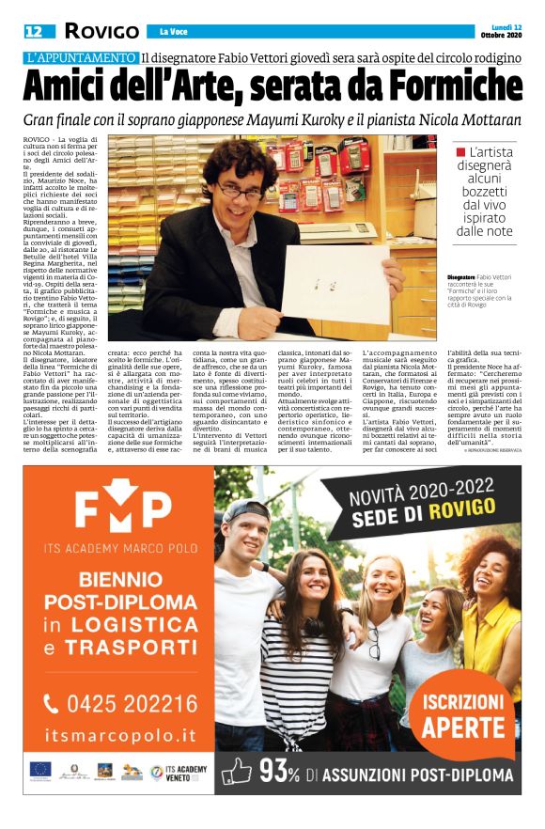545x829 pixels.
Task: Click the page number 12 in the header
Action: (34, 31)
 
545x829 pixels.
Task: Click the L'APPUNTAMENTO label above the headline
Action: (81, 57)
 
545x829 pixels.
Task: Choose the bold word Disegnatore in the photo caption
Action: (464, 277)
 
